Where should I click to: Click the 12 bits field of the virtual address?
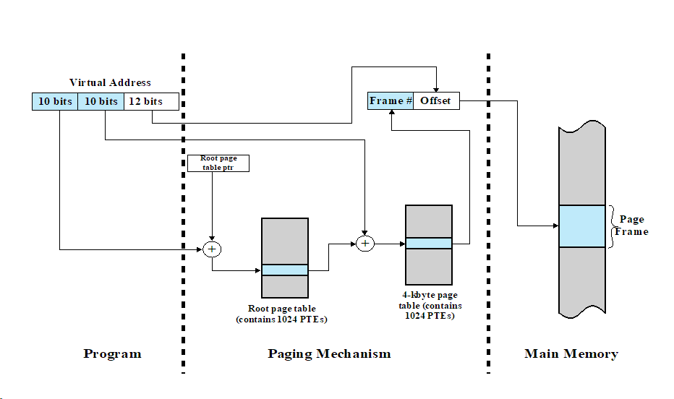tap(151, 101)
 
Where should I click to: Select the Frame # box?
tap(391, 101)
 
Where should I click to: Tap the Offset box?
tap(436, 101)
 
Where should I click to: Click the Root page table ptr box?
tap(218, 163)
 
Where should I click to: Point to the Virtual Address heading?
tap(110, 82)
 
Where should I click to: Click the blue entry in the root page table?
tap(284, 270)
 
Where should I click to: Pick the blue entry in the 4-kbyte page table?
tap(428, 244)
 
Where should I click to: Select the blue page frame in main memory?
tap(581, 226)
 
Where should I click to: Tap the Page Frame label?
tap(631, 226)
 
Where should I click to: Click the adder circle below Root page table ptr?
tap(212, 249)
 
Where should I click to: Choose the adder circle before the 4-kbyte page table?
tap(365, 244)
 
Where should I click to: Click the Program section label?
tap(112, 354)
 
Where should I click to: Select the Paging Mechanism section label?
tap(329, 354)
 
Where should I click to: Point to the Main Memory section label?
tap(571, 354)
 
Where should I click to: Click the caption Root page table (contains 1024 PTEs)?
tap(286, 314)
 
